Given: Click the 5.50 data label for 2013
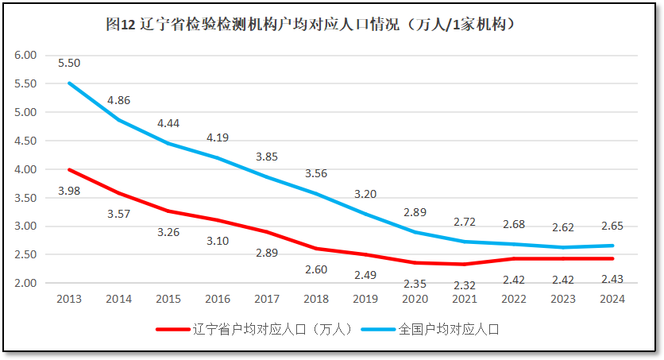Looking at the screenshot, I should (x=69, y=63).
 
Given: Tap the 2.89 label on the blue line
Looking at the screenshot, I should (x=415, y=212).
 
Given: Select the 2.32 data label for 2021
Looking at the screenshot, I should (x=465, y=285).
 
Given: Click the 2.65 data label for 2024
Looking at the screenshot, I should (x=612, y=225).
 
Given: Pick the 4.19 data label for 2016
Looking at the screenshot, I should (x=218, y=137).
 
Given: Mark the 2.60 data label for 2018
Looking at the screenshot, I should (x=316, y=269).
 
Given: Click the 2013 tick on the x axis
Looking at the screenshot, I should (x=69, y=300).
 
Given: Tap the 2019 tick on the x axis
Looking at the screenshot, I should (x=365, y=300).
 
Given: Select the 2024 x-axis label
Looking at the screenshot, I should (x=612, y=300).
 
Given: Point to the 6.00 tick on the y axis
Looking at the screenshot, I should (x=26, y=56).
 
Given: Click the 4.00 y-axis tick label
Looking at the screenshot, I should (x=26, y=169).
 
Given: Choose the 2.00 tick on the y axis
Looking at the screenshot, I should (x=26, y=284).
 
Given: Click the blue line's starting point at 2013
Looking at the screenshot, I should (x=69, y=83).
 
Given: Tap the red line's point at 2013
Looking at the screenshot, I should (x=69, y=169).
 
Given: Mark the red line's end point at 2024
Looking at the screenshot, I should (x=612, y=258).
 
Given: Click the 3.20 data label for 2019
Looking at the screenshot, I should (x=365, y=194).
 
